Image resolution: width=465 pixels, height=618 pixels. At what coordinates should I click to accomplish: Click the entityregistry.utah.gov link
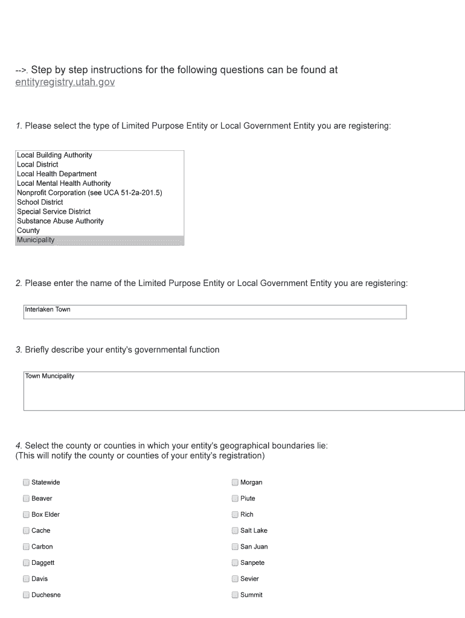click(65, 82)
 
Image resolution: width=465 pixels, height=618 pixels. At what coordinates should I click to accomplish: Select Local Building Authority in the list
click(54, 155)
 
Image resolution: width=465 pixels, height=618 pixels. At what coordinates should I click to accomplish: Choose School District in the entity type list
click(40, 202)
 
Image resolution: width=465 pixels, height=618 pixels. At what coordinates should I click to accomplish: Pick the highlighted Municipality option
click(36, 240)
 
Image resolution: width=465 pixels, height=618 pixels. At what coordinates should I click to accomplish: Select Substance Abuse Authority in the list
click(60, 221)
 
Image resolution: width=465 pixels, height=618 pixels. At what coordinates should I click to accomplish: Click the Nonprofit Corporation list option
click(89, 193)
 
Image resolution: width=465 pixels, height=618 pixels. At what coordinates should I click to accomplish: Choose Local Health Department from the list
click(57, 174)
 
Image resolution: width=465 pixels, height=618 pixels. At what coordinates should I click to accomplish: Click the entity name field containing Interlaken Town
click(214, 311)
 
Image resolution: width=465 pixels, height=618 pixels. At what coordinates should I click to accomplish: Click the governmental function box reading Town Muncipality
click(244, 391)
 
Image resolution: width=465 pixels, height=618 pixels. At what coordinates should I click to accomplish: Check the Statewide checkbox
click(26, 482)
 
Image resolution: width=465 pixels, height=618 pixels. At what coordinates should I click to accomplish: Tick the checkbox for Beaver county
click(26, 499)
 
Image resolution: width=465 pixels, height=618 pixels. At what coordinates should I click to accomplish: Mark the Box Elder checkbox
click(26, 515)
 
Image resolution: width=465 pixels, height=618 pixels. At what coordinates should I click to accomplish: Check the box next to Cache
click(26, 530)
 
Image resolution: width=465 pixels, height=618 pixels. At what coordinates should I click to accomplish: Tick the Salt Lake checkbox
click(235, 530)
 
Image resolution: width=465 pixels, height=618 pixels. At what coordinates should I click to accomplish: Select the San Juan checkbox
click(235, 547)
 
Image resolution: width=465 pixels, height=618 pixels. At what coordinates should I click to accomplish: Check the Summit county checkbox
click(235, 595)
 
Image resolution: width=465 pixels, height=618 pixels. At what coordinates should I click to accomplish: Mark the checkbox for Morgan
click(235, 482)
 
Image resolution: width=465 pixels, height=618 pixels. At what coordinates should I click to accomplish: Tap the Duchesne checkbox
click(26, 595)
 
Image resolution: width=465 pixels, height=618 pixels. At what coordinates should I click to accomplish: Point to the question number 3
click(19, 350)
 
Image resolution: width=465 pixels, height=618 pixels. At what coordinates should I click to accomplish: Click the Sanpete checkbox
click(235, 563)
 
